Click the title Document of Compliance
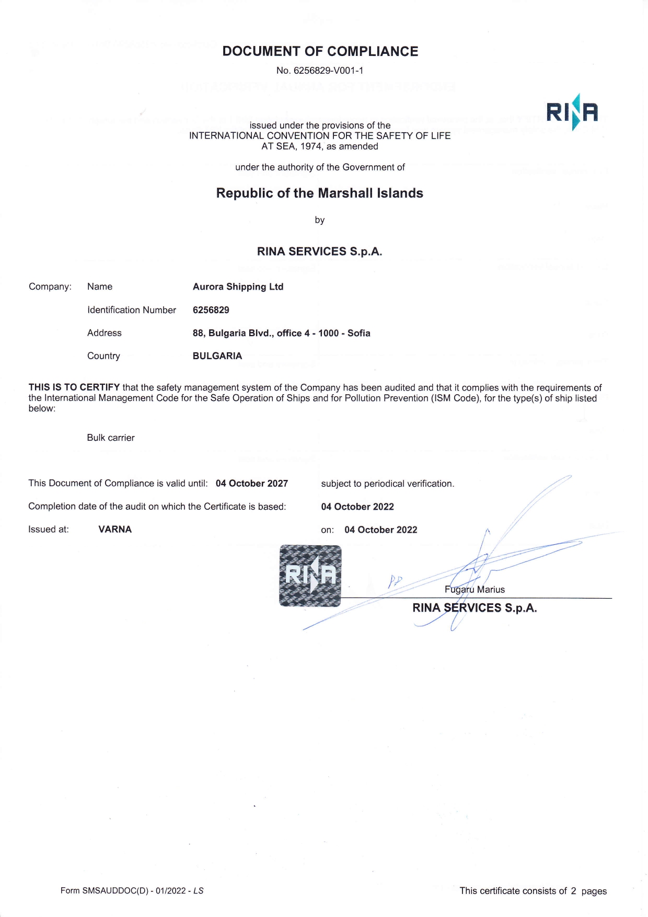coord(320,51)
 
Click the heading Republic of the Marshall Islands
coord(319,193)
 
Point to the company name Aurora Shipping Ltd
coord(238,286)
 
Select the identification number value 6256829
coord(211,310)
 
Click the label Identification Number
coord(132,310)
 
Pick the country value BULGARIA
coord(217,356)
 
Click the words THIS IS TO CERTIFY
coord(74,387)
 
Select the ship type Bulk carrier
coord(111,438)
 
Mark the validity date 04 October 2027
coord(252,484)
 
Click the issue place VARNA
coord(115,529)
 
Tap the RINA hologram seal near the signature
coord(310,576)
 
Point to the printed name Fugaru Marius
coord(475,589)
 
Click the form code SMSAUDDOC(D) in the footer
coord(115,890)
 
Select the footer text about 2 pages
coord(533,891)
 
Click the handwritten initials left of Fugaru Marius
coord(395,581)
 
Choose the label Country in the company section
coord(103,356)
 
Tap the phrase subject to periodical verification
coord(388,484)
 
